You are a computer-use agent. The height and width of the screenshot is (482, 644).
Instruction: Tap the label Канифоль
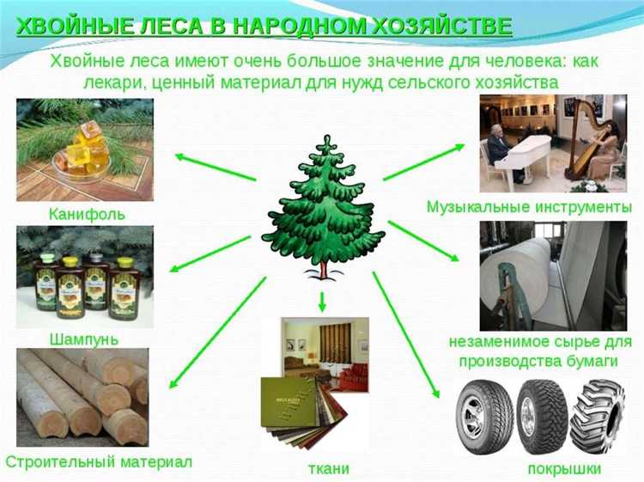(x=86, y=211)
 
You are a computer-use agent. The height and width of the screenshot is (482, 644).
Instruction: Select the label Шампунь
(x=84, y=339)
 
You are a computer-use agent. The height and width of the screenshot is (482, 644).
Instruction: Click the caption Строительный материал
(x=99, y=461)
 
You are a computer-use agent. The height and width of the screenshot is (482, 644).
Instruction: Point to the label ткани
(x=328, y=468)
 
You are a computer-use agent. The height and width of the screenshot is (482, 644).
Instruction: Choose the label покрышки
(x=564, y=468)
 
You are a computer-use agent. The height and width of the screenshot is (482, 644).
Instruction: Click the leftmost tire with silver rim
(x=483, y=418)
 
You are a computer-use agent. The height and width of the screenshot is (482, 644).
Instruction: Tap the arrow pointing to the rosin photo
(x=215, y=167)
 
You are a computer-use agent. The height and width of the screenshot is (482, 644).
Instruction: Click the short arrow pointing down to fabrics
(x=323, y=302)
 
